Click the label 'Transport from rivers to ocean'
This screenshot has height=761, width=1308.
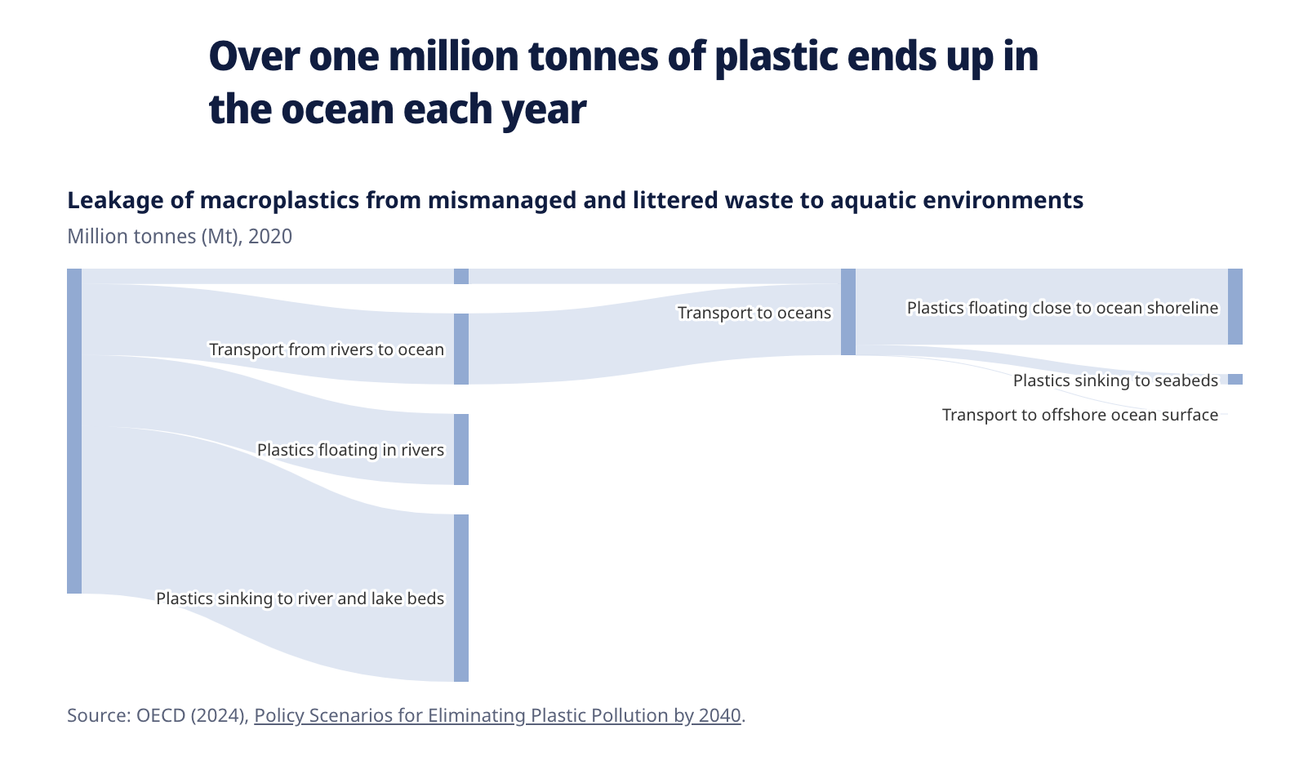[x=327, y=349]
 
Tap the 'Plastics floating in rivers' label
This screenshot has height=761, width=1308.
[x=350, y=450]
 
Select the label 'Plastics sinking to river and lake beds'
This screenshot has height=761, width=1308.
[x=300, y=598]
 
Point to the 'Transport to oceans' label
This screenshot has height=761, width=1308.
[x=754, y=313]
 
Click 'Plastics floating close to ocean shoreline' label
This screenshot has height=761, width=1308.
[x=1062, y=308]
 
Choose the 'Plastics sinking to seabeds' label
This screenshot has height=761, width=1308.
[x=1115, y=380]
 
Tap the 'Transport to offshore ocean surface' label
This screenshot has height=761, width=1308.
[x=1080, y=415]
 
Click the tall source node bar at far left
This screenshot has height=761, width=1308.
[x=74, y=431]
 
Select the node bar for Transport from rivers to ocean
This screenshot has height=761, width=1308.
[x=461, y=349]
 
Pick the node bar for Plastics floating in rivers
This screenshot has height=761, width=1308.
[x=461, y=450]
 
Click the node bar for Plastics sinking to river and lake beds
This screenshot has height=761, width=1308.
[x=461, y=598]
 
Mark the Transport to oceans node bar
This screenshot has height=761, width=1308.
[x=848, y=312]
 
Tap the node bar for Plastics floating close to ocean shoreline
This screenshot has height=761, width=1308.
[x=1235, y=307]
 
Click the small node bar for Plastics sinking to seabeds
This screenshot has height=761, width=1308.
[x=1235, y=379]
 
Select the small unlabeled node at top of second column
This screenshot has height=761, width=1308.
[x=461, y=276]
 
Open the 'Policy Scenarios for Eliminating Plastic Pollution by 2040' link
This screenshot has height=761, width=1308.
[x=497, y=715]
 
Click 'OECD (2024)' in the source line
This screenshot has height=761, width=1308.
[x=193, y=715]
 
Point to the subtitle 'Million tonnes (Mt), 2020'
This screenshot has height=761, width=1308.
[x=180, y=237]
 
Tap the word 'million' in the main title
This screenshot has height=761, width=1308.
[x=453, y=56]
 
